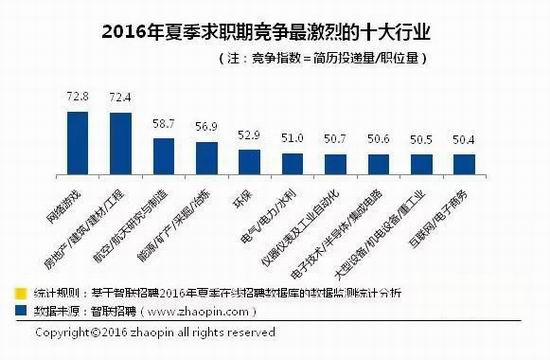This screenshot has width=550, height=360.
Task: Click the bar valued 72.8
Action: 78,142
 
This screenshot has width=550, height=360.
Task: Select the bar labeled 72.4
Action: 121,143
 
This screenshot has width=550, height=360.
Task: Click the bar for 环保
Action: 250,161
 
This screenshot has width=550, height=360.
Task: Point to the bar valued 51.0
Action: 292,163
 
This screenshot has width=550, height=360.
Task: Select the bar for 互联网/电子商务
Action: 465,164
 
